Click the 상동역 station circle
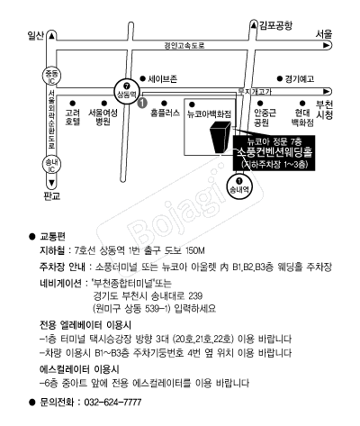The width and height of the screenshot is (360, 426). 126,92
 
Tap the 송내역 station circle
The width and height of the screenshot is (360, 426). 239,186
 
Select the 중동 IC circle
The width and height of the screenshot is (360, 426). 51,77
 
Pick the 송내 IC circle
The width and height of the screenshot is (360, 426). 51,165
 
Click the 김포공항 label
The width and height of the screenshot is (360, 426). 275,25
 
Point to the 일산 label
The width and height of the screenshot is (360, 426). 35,36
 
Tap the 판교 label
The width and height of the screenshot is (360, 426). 51,196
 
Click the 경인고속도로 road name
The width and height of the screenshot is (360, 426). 184,46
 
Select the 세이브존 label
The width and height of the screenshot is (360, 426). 163,79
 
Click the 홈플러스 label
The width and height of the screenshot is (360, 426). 165,113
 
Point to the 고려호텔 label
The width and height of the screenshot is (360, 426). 73,117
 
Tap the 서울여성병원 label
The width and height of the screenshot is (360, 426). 103,117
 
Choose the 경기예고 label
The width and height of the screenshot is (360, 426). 300,79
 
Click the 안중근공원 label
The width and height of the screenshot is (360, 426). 265,117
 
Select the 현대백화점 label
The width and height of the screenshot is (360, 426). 302,117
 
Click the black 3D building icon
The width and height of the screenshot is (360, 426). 220,137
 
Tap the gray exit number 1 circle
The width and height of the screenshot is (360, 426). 142,103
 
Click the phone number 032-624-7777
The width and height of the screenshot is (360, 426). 112,402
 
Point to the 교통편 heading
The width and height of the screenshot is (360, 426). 52,237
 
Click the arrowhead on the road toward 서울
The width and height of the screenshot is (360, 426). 326,46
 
